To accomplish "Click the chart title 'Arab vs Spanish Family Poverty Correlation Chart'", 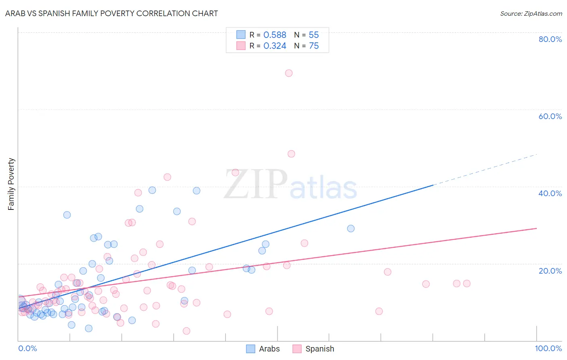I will (x=111, y=13).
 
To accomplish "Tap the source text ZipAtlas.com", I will (x=531, y=13).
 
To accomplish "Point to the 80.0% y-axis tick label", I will (x=550, y=39).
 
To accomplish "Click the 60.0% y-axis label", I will (x=550, y=116).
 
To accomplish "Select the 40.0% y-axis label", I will (x=550, y=193).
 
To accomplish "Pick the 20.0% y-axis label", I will (x=550, y=270).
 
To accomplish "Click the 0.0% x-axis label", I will (x=27, y=348).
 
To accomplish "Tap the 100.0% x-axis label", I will (x=548, y=348).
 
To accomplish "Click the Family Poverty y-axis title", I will (x=11, y=184).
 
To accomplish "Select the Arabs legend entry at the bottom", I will (x=263, y=349).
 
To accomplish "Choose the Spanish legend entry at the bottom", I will (x=313, y=349).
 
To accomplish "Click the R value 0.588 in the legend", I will (x=275, y=35).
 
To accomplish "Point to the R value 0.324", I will (x=275, y=46).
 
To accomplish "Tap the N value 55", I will (x=314, y=35).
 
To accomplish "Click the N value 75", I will (x=314, y=46).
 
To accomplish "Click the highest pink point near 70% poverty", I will (x=289, y=73).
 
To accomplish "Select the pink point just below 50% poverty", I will (x=291, y=154).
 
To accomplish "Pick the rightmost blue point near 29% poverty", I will (x=351, y=228).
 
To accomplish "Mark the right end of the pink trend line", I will (x=536, y=228).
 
